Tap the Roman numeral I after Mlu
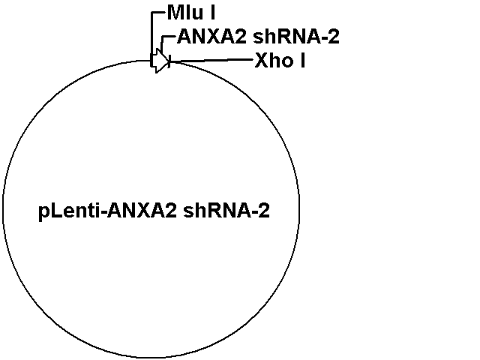click(x=212, y=13)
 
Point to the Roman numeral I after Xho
click(x=302, y=60)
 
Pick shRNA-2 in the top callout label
click(x=296, y=37)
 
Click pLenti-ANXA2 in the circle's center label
click(x=108, y=211)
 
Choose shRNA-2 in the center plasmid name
click(x=226, y=211)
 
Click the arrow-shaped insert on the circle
click(x=160, y=61)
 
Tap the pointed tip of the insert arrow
click(x=169, y=61)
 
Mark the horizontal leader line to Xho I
click(x=211, y=61)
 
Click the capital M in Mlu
click(x=175, y=13)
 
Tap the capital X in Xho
click(x=261, y=60)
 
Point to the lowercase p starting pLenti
click(x=43, y=213)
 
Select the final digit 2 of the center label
click(x=265, y=211)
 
